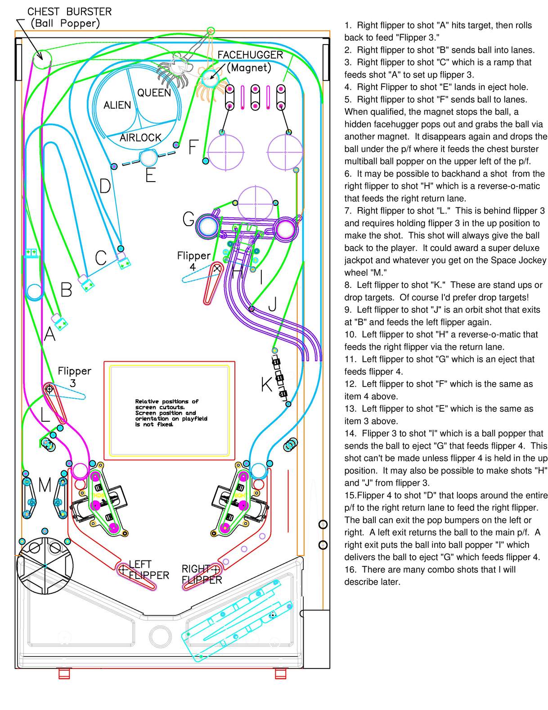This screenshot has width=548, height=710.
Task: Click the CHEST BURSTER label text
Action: pyautogui.click(x=69, y=12)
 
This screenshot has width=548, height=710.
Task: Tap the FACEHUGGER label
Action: pyautogui.click(x=250, y=55)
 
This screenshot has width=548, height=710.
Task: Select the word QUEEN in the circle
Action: pyautogui.click(x=154, y=93)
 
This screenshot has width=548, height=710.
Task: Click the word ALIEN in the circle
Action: pyautogui.click(x=117, y=105)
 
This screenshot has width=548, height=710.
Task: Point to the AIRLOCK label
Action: pyautogui.click(x=140, y=137)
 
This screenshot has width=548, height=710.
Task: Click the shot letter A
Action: pyautogui.click(x=49, y=334)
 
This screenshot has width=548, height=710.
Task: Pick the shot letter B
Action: pyautogui.click(x=66, y=290)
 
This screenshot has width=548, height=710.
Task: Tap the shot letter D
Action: pyautogui.click(x=105, y=186)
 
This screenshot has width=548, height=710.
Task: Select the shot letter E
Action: pyautogui.click(x=150, y=175)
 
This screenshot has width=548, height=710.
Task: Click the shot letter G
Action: pyautogui.click(x=189, y=220)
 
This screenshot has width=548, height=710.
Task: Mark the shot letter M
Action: pyautogui.click(x=45, y=486)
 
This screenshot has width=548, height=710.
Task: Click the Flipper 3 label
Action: pyautogui.click(x=74, y=377)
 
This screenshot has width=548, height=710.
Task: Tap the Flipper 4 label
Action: pyautogui.click(x=193, y=261)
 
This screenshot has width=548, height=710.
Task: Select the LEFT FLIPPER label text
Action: pyautogui.click(x=148, y=570)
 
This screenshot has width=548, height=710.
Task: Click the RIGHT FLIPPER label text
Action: pyautogui.click(x=201, y=574)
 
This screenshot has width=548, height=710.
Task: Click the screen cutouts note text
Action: pyautogui.click(x=171, y=413)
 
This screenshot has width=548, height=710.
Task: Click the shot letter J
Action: pyautogui.click(x=272, y=305)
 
